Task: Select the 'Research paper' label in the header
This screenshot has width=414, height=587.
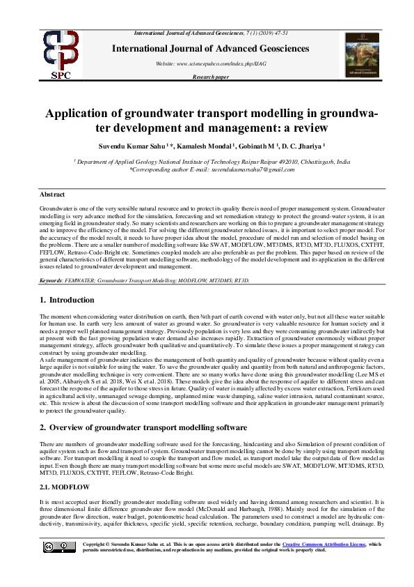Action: [210, 77]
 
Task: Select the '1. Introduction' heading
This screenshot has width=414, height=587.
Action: [67, 300]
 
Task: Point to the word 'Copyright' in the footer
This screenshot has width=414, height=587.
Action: [95, 544]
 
